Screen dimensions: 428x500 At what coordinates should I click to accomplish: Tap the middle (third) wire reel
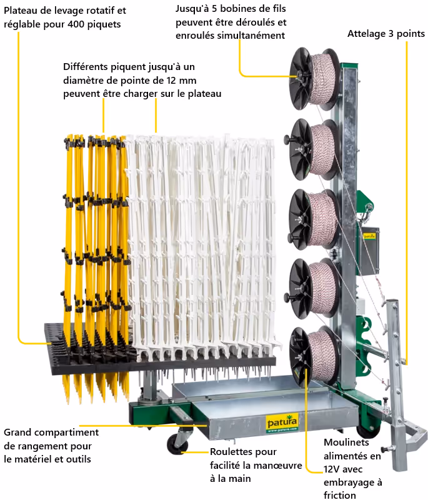(314, 219)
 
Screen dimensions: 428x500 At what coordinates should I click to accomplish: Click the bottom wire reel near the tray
(314, 356)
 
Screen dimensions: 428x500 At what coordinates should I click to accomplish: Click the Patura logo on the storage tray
(282, 423)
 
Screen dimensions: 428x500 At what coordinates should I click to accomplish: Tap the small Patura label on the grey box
(369, 236)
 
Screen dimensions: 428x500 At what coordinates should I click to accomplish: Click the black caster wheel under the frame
(177, 444)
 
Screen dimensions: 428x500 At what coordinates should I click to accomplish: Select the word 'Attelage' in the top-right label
(365, 34)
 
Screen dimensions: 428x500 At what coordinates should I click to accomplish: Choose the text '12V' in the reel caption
(331, 469)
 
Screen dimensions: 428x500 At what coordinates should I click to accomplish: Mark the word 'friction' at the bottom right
(340, 495)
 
